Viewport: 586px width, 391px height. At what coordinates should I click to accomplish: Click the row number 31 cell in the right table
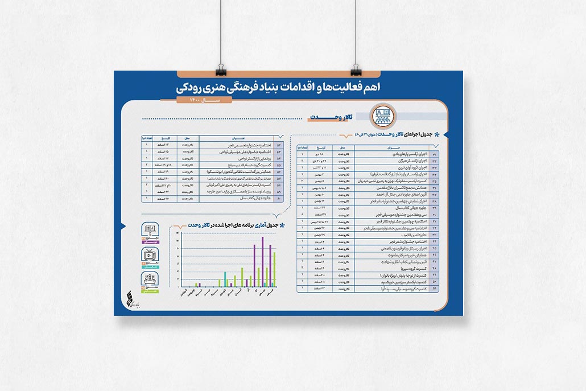(x=435, y=154)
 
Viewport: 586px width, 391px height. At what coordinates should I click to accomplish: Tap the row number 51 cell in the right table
(x=435, y=289)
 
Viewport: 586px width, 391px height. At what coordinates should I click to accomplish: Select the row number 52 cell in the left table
(x=279, y=146)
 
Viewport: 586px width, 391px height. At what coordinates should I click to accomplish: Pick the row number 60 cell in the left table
(x=279, y=198)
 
